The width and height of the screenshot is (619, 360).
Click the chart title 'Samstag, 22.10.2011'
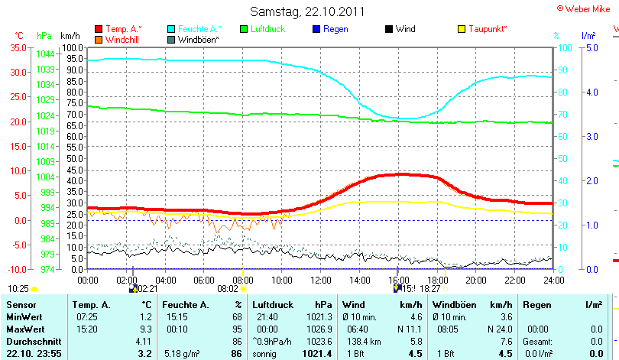pyautogui.click(x=307, y=11)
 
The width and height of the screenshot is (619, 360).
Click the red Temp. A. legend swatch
pyautogui.click(x=99, y=29)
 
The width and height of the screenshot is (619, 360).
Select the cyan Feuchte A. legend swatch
pyautogui.click(x=171, y=29)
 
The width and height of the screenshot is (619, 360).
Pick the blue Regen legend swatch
pyautogui.click(x=317, y=29)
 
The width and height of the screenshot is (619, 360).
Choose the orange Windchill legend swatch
pyautogui.click(x=99, y=39)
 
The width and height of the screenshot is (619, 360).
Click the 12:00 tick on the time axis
pyautogui.click(x=319, y=279)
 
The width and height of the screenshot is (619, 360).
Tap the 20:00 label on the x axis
pyautogui.click(x=475, y=279)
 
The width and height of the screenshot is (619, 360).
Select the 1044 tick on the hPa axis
pyautogui.click(x=45, y=54)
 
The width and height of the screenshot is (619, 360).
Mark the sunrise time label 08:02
pyautogui.click(x=228, y=289)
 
